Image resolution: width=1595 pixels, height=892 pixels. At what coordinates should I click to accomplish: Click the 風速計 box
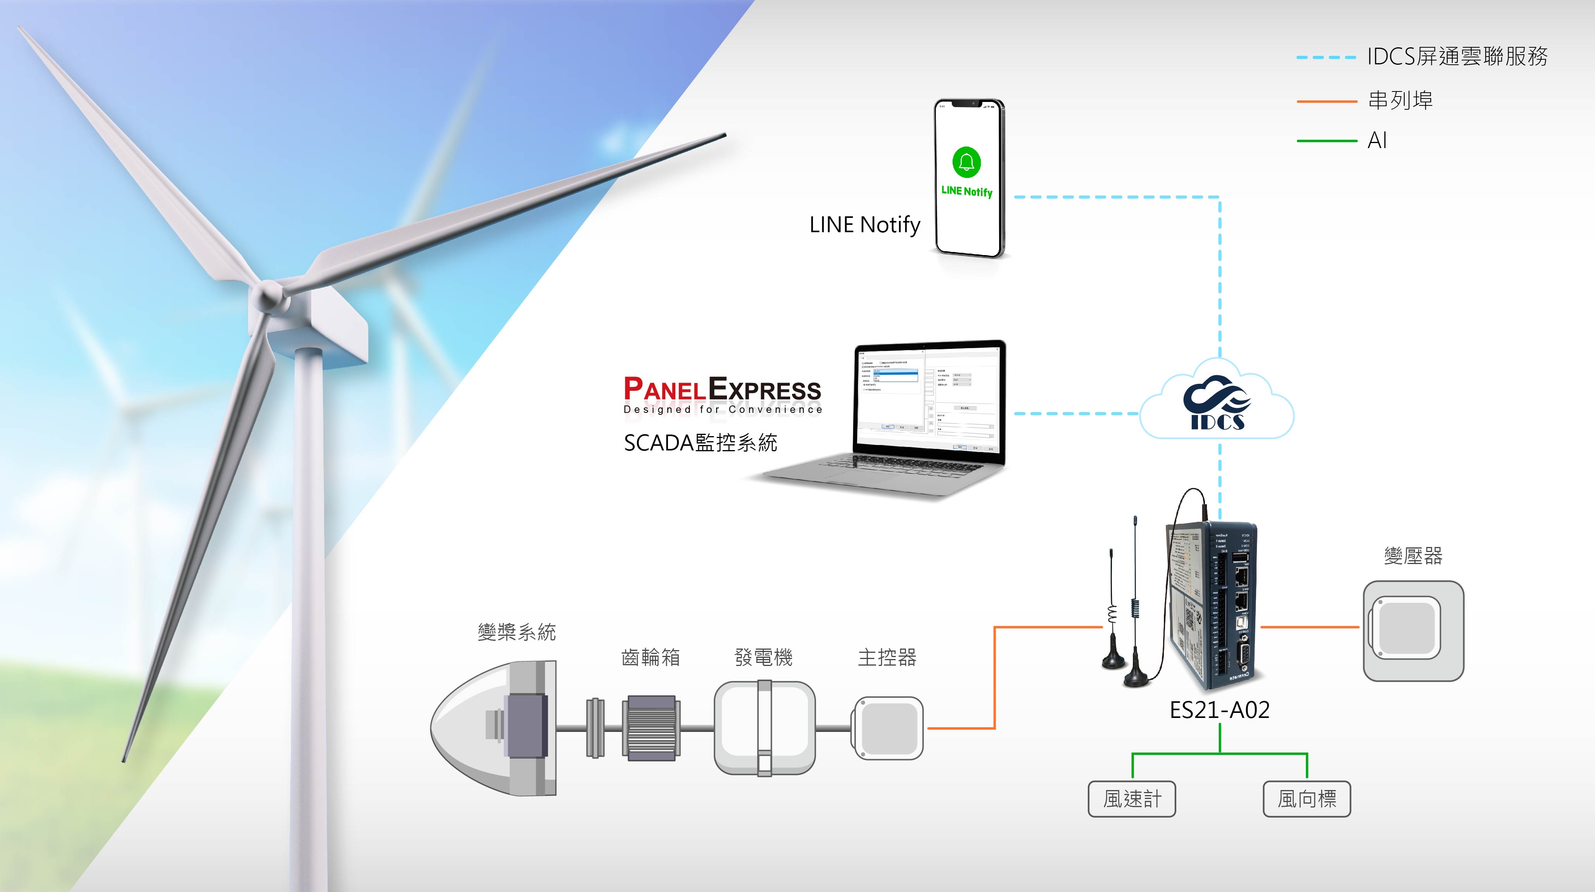(1132, 799)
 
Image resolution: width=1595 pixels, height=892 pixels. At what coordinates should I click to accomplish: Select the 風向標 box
(1307, 799)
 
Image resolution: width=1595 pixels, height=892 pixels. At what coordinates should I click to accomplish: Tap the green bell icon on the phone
(967, 162)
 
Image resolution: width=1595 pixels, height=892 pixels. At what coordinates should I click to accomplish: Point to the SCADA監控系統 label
(700, 443)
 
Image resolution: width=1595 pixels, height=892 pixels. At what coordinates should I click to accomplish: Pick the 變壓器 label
(1413, 556)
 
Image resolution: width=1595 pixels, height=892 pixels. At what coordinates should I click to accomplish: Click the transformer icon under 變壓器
(1413, 630)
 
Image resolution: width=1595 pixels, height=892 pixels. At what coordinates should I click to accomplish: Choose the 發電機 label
(763, 657)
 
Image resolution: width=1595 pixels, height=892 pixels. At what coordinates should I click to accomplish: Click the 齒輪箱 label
(650, 657)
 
